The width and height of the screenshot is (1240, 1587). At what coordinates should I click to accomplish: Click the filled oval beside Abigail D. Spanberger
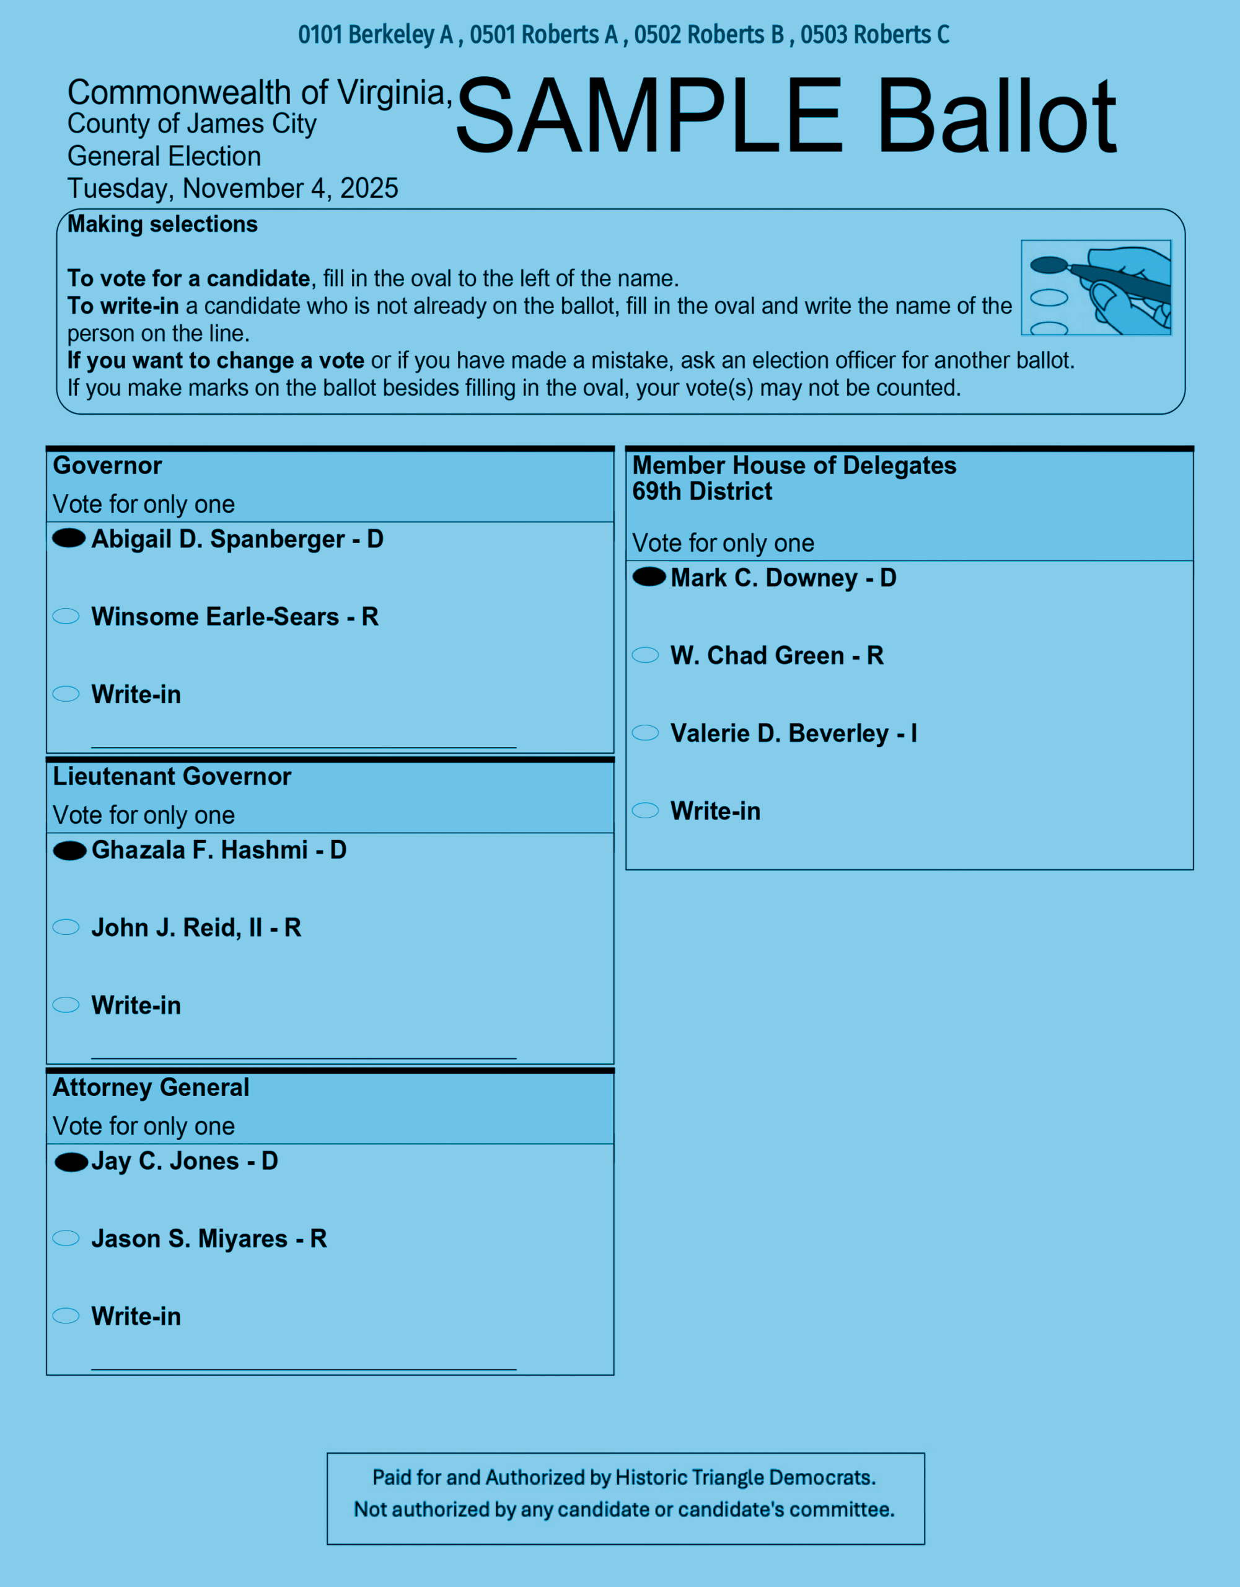[x=69, y=539]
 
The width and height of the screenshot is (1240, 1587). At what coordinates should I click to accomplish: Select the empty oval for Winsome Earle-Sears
[x=66, y=616]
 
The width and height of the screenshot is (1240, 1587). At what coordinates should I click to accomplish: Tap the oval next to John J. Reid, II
[x=66, y=927]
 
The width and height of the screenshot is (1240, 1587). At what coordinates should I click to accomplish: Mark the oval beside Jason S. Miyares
[x=66, y=1238]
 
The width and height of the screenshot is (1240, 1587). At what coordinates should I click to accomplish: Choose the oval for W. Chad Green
[x=645, y=655]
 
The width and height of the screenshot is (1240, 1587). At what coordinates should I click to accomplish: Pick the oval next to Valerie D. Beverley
[x=645, y=733]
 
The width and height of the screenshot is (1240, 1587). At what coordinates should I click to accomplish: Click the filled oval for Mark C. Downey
[x=649, y=577]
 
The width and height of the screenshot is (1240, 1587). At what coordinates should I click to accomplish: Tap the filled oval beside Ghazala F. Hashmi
[x=70, y=850]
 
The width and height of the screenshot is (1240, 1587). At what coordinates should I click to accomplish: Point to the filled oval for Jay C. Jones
[x=71, y=1162]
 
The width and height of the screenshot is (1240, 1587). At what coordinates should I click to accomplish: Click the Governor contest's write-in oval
[x=66, y=694]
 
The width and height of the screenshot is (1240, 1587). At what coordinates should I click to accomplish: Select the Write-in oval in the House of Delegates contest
[x=645, y=810]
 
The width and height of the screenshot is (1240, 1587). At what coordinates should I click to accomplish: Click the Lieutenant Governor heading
[x=172, y=777]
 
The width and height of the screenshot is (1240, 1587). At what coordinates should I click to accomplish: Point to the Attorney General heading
[x=151, y=1088]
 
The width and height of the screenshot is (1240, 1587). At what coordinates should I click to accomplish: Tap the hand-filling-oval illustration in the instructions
[x=1096, y=288]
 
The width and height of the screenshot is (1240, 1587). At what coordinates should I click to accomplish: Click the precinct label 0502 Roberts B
[x=709, y=35]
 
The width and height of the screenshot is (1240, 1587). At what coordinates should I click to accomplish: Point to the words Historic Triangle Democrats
[x=745, y=1478]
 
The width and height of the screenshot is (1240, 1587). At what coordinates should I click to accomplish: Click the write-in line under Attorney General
[x=304, y=1368]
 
